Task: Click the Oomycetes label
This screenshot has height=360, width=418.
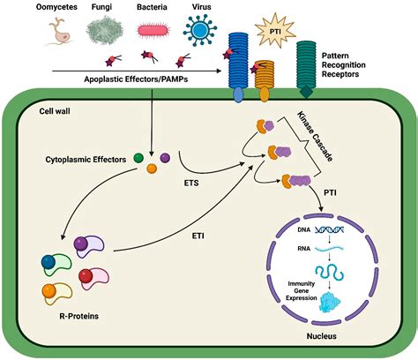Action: pyautogui.click(x=56, y=7)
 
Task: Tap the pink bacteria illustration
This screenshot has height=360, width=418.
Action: pyautogui.click(x=153, y=31)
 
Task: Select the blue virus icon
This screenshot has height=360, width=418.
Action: pyautogui.click(x=200, y=30)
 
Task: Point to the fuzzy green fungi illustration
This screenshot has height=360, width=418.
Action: pyautogui.click(x=105, y=30)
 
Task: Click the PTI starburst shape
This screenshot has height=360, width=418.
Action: pyautogui.click(x=275, y=30)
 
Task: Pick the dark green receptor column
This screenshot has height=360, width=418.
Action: pyautogui.click(x=306, y=70)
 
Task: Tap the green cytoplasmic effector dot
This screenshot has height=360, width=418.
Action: pyautogui.click(x=138, y=158)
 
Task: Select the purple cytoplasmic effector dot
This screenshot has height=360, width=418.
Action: pyautogui.click(x=165, y=158)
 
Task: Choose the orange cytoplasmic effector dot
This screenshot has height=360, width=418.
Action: pyautogui.click(x=152, y=169)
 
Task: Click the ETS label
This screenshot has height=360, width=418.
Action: pyautogui.click(x=191, y=183)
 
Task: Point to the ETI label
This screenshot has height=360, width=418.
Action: pyautogui.click(x=198, y=236)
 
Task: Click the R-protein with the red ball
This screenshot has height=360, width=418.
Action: pyautogui.click(x=93, y=278)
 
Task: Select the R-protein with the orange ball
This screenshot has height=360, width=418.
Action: pyautogui.click(x=57, y=294)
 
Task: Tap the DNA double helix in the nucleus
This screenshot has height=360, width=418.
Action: pyautogui.click(x=330, y=229)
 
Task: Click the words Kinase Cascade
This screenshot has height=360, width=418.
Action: pyautogui.click(x=315, y=136)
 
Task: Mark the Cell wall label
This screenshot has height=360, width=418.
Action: pyautogui.click(x=55, y=111)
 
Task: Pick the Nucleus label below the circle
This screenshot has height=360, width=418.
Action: pyautogui.click(x=322, y=336)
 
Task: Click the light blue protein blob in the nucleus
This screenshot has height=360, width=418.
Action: pyautogui.click(x=330, y=302)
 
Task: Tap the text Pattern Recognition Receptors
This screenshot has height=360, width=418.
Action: pyautogui.click(x=343, y=65)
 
